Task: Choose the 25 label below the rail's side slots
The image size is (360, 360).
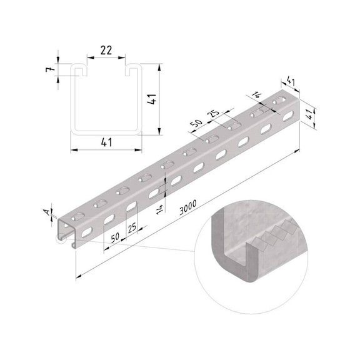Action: [132, 228]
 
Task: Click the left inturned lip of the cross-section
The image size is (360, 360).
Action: [79, 71]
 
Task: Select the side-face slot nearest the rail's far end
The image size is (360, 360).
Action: [286, 116]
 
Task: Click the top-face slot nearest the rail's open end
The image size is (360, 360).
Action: [77, 214]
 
